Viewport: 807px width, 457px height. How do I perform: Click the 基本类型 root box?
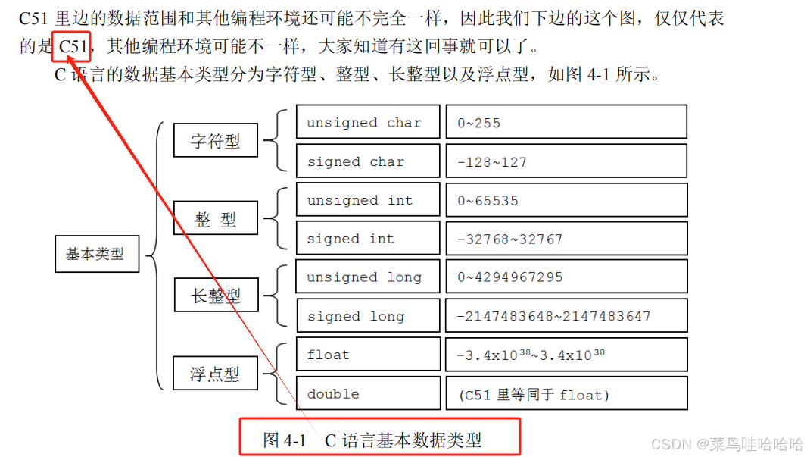(x=98, y=254)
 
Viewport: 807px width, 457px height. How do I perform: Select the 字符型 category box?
(x=216, y=140)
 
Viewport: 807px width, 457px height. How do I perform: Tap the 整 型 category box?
(x=216, y=219)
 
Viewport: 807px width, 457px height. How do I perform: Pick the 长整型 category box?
(x=216, y=295)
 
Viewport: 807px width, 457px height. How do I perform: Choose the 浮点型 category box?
(x=216, y=373)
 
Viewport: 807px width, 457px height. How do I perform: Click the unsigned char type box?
(x=367, y=122)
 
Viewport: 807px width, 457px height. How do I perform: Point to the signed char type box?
(x=367, y=161)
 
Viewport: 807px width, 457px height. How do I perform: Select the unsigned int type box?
(x=367, y=200)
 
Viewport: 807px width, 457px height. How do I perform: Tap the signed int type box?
(x=367, y=239)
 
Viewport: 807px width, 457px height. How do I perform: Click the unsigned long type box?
(x=367, y=277)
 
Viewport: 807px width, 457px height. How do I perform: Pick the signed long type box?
(x=367, y=316)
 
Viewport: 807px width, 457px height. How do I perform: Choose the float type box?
(x=367, y=355)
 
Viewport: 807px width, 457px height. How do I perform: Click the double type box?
(x=367, y=393)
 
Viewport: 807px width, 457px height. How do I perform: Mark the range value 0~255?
(x=479, y=123)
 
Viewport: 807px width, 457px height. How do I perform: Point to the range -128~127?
(x=492, y=162)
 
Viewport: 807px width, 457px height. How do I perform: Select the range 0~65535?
(x=488, y=201)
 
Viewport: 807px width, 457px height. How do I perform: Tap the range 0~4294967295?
(x=510, y=277)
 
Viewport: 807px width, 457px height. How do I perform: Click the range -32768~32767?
(x=510, y=239)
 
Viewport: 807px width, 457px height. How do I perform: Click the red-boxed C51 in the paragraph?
(x=73, y=47)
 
